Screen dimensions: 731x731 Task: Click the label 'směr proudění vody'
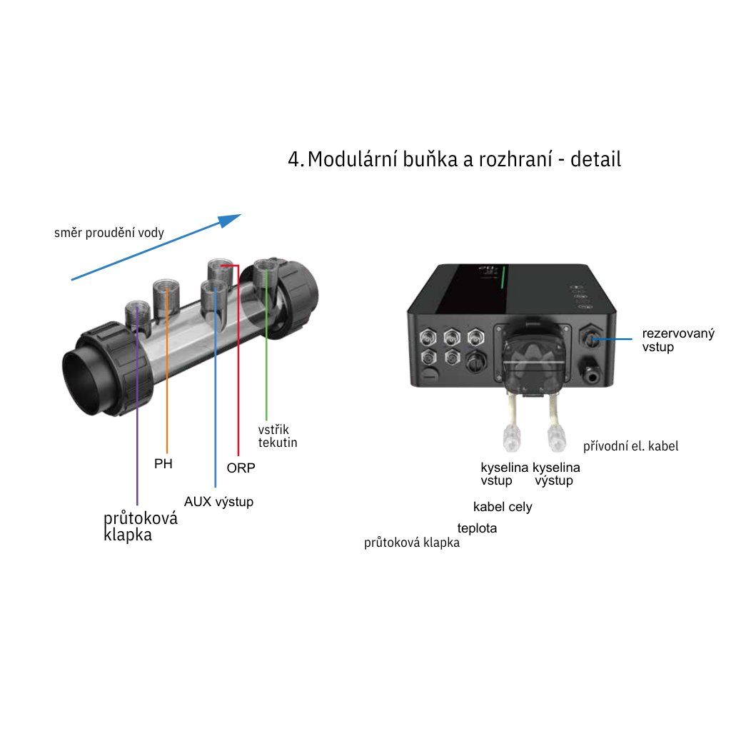(109, 233)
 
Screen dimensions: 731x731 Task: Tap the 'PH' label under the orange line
(163, 464)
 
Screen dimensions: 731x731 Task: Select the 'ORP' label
(241, 468)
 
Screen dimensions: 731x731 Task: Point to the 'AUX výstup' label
(218, 502)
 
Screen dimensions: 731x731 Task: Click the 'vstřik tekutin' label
(278, 436)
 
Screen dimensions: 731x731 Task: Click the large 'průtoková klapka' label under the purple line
(140, 527)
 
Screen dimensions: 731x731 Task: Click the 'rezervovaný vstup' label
(677, 340)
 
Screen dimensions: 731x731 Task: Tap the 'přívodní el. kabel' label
(630, 446)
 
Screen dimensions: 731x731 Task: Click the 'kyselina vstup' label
(504, 474)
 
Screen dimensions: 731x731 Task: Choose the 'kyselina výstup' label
(556, 474)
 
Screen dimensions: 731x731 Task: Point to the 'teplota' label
(477, 529)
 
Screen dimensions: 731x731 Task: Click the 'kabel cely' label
(503, 507)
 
